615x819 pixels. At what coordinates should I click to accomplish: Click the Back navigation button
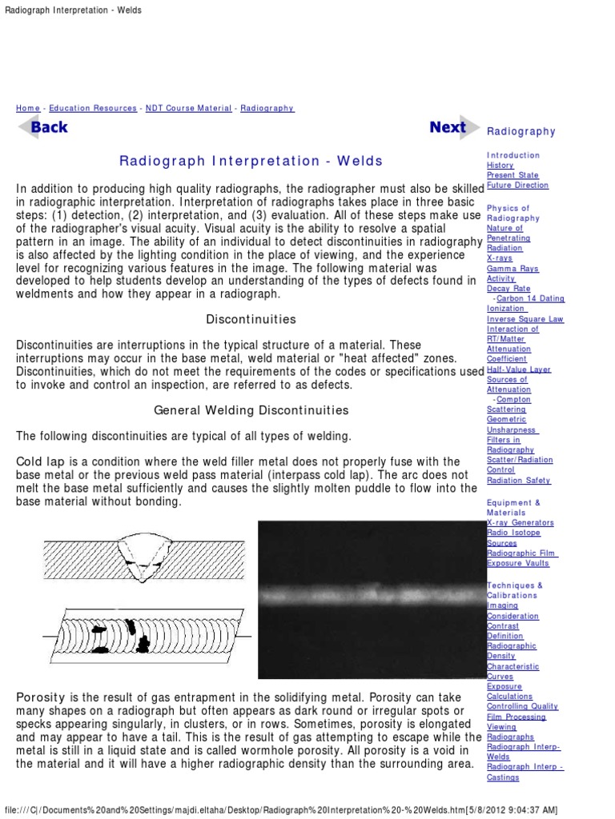(43, 127)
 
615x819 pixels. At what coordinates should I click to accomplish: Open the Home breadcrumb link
(27, 108)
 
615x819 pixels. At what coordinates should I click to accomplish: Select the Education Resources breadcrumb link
(92, 108)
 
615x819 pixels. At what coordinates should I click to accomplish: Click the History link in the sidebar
(500, 166)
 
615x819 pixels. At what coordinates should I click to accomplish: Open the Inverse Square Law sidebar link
(525, 319)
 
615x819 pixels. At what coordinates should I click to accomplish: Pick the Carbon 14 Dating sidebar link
(529, 299)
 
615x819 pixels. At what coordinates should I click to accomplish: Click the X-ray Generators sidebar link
(520, 522)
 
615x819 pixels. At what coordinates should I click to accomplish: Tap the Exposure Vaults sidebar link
(518, 563)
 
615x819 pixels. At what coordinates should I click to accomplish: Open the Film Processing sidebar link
(517, 717)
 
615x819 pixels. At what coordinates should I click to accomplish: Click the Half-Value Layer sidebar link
(518, 370)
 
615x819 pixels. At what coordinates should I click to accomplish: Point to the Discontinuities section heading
(251, 319)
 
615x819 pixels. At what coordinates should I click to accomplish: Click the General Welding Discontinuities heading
(251, 410)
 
